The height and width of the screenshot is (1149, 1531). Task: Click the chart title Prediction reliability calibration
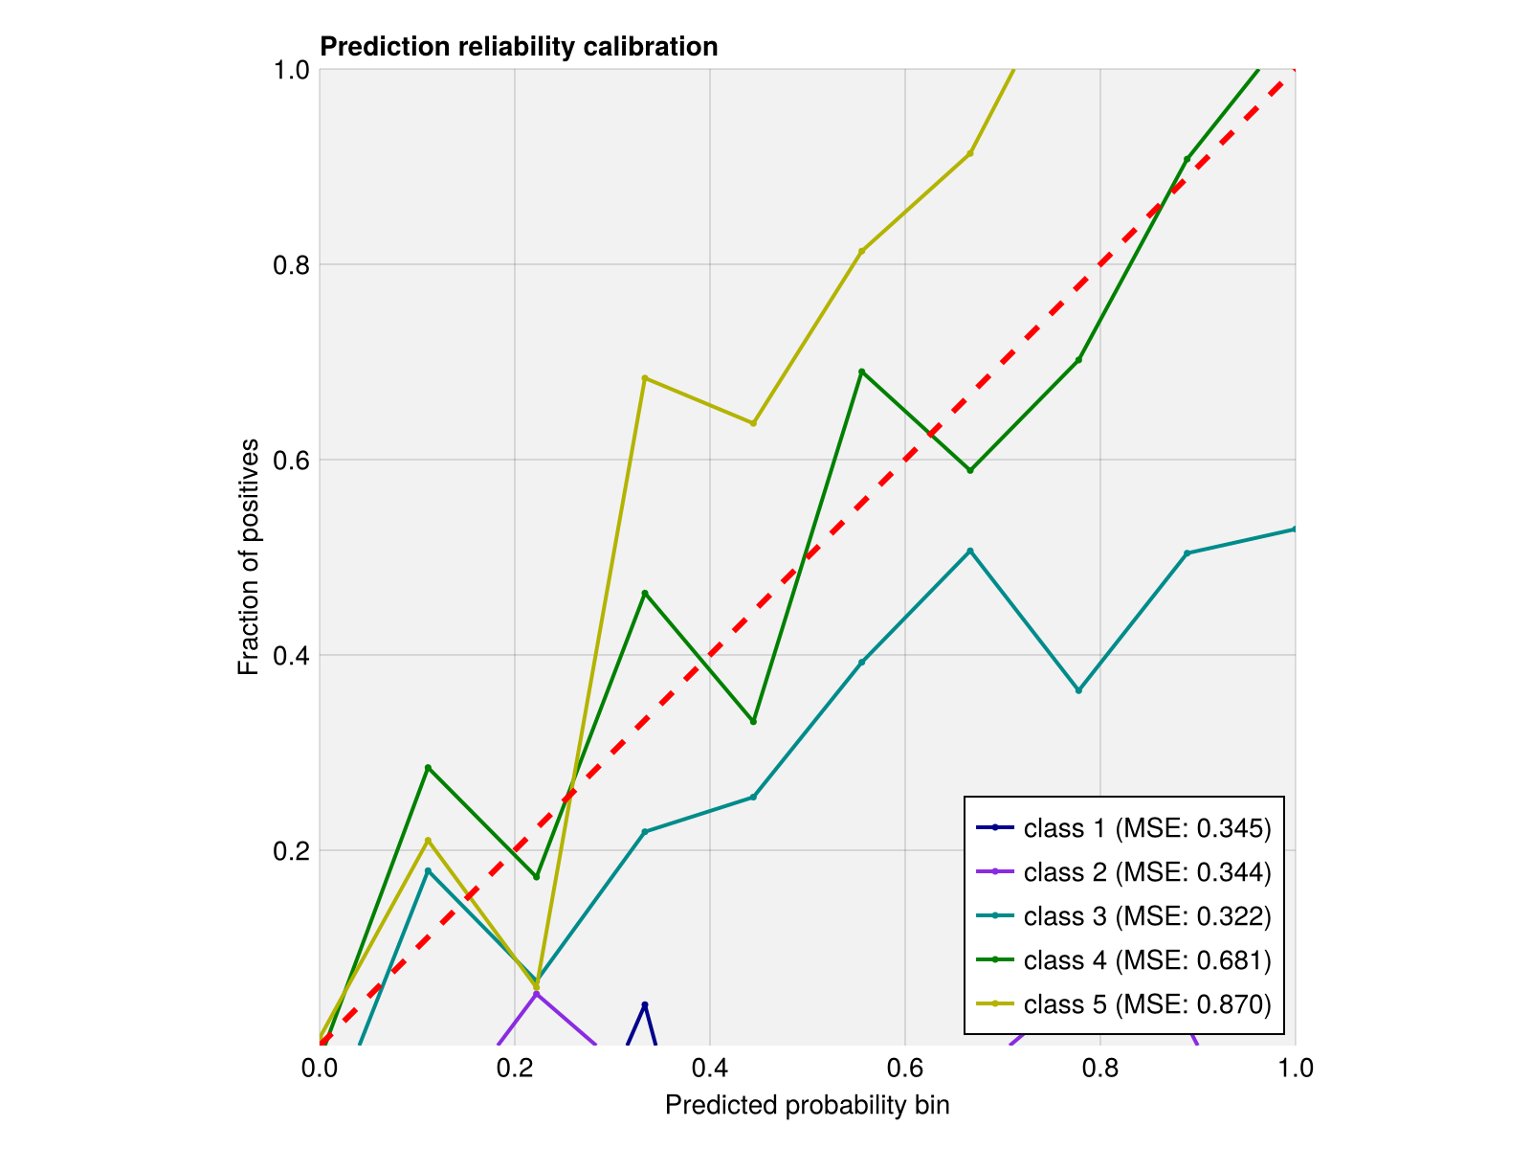tap(519, 47)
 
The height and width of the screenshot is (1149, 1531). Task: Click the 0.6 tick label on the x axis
tap(904, 1068)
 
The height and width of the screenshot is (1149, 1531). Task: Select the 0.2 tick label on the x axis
tap(514, 1068)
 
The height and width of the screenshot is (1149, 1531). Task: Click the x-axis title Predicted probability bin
tap(807, 1106)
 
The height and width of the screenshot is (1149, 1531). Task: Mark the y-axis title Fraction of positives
tap(249, 556)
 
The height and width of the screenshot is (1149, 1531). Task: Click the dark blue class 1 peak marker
tap(645, 1004)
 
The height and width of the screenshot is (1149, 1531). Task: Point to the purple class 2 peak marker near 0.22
tap(537, 994)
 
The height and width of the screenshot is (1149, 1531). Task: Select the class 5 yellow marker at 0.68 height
tap(645, 378)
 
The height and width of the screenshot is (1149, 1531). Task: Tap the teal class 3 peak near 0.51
tap(970, 551)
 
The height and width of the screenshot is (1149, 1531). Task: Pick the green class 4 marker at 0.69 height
tap(861, 372)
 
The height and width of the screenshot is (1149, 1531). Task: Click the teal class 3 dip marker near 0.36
tap(1078, 690)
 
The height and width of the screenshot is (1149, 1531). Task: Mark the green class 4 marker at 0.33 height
tap(753, 721)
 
